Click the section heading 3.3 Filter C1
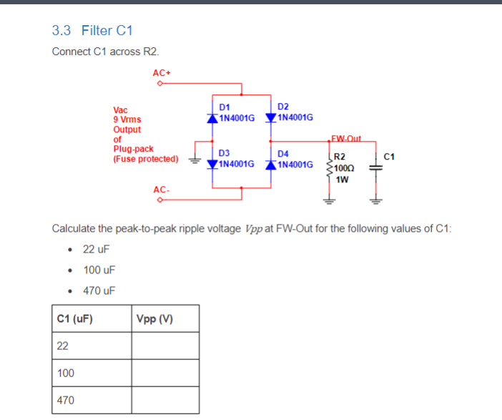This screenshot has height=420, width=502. coord(92,31)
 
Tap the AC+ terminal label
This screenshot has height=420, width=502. coord(161,73)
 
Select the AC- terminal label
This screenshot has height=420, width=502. coord(161,190)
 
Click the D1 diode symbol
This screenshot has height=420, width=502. coord(212,117)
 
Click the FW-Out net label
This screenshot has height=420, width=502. coord(347,138)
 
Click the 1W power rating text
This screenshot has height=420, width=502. coord(342,179)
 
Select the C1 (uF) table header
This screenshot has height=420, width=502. coord(75,318)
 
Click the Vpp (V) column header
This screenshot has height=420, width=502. coord(153,318)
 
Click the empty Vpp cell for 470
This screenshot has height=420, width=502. coord(165,401)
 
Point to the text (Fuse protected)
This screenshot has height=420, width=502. coord(146,158)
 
